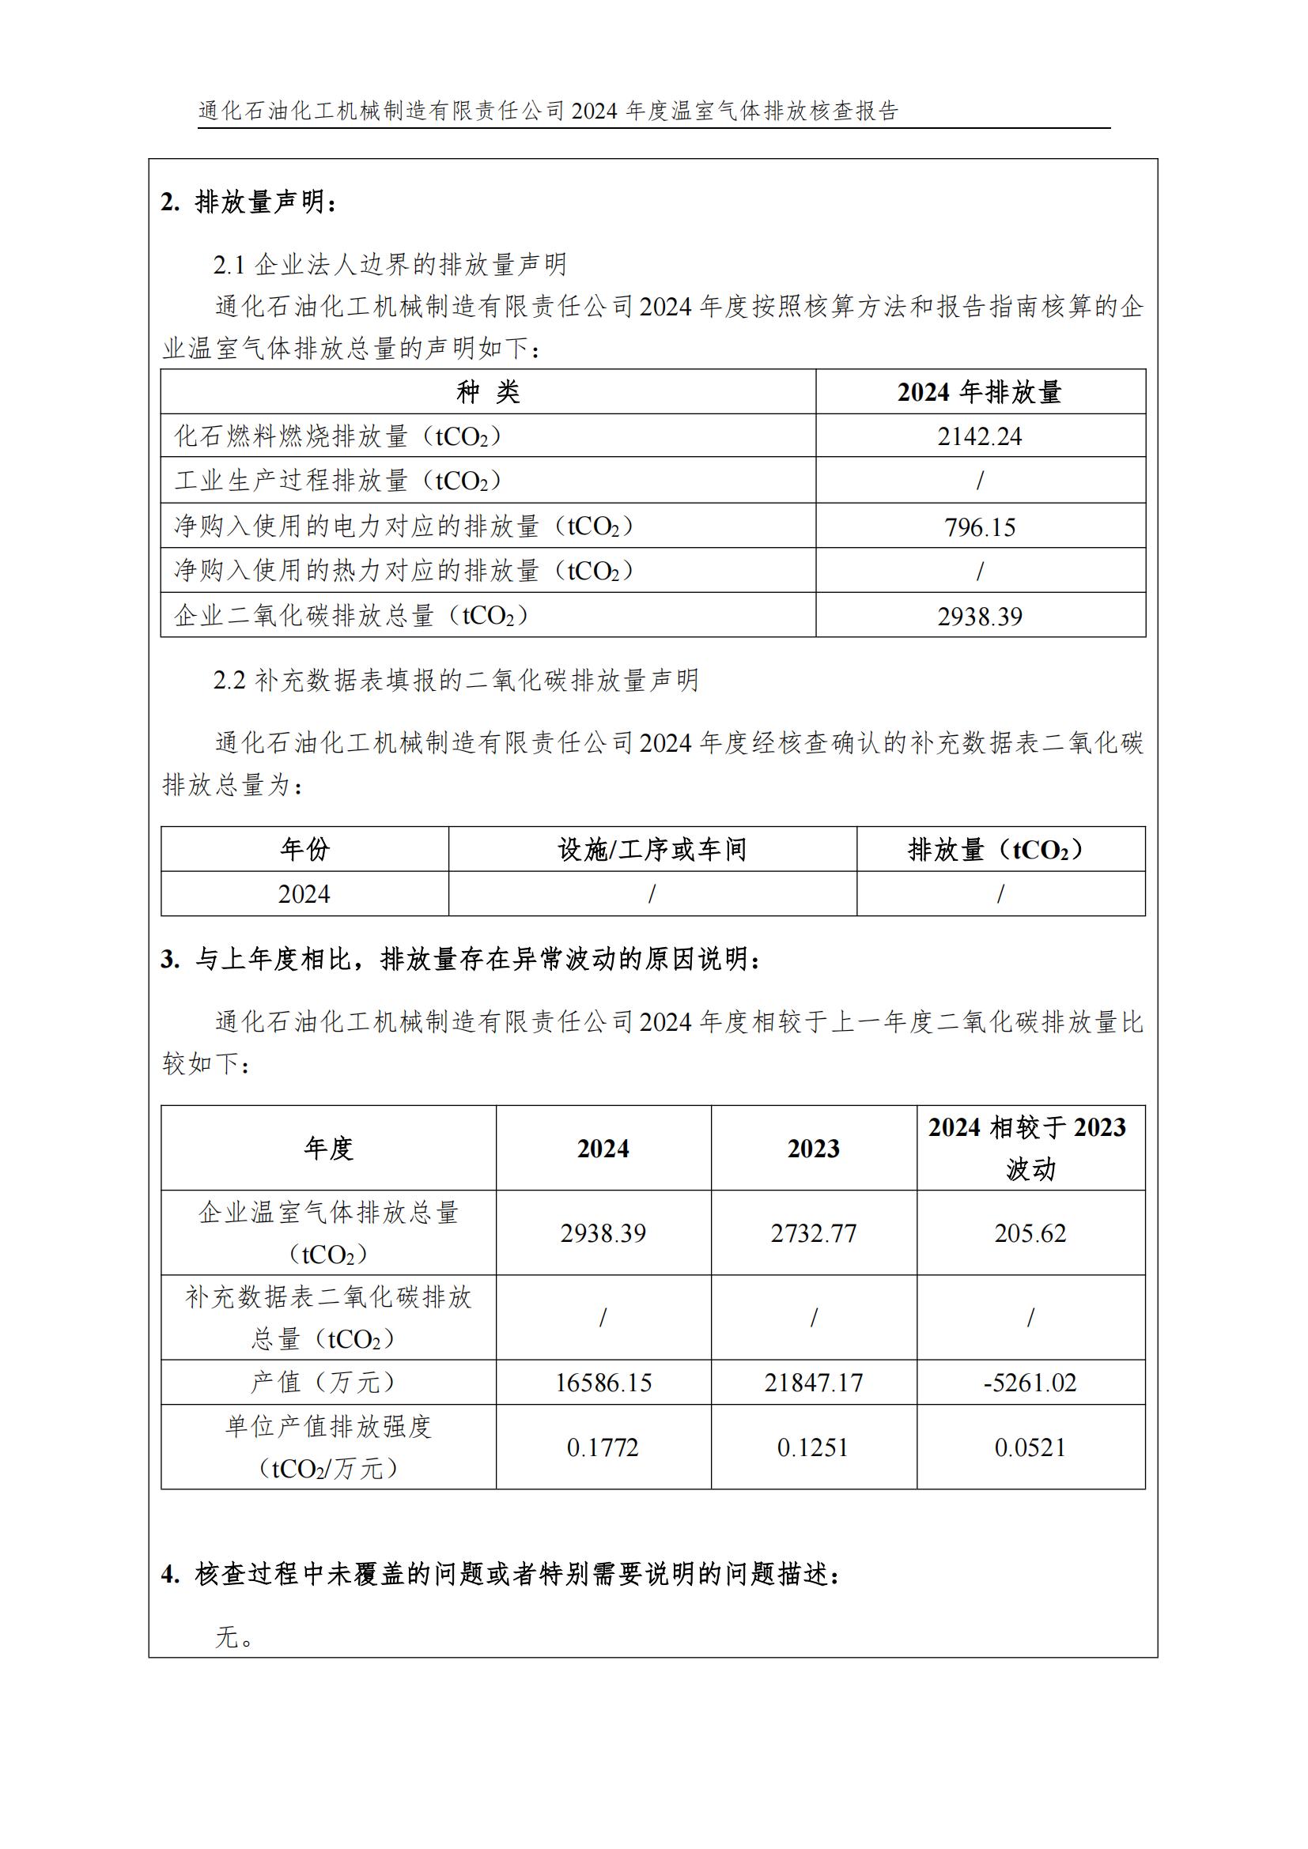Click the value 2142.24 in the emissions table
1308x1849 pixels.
[978, 436]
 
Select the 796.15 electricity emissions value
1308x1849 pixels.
[979, 527]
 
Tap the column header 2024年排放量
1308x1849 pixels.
[979, 392]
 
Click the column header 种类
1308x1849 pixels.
[488, 392]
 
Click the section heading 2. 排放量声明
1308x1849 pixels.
[248, 202]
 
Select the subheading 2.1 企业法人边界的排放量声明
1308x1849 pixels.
[390, 264]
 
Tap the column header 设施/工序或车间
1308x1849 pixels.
[652, 849]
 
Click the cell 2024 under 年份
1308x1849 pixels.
[304, 894]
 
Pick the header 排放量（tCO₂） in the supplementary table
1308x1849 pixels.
[1000, 849]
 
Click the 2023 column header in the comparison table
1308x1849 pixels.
[814, 1149]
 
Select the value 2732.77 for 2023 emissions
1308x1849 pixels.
[814, 1233]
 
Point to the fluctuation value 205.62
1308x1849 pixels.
[1030, 1233]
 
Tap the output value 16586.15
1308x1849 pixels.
[603, 1383]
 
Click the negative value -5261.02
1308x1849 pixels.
[1030, 1383]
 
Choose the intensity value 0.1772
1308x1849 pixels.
[603, 1447]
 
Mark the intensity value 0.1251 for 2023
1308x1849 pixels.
[814, 1447]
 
